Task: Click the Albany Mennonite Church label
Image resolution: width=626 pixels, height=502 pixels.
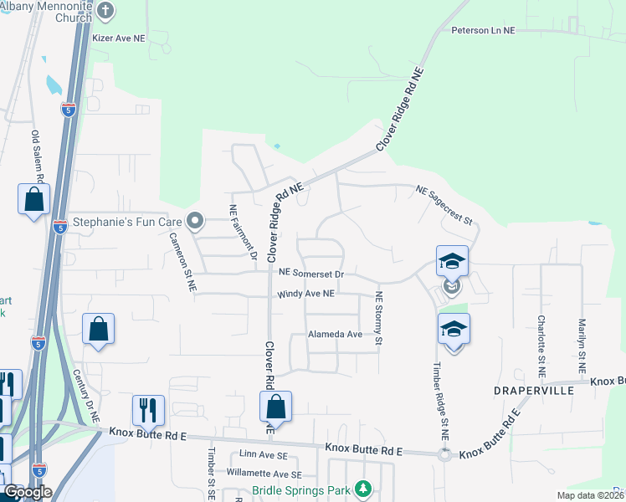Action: coord(46,11)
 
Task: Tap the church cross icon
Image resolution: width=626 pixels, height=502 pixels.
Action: coord(105,11)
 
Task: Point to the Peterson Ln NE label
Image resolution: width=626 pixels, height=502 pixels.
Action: coord(484,29)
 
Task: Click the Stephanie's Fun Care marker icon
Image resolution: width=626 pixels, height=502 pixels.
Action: coord(195,222)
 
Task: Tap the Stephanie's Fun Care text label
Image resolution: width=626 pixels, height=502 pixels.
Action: coord(126,223)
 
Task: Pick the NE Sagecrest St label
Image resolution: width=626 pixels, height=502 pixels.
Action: coord(444,205)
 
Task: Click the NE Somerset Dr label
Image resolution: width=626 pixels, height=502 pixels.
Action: coord(311,274)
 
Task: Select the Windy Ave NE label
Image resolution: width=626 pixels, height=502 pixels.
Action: coord(306,294)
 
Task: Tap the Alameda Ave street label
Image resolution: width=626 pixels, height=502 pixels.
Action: coord(335,334)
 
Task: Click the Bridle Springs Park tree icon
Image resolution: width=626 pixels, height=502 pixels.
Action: coord(362,488)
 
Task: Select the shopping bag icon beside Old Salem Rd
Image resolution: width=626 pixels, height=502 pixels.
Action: coord(33,199)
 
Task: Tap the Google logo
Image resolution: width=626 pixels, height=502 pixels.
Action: coord(28,492)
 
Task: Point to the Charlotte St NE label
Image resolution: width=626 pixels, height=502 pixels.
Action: coord(541,343)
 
